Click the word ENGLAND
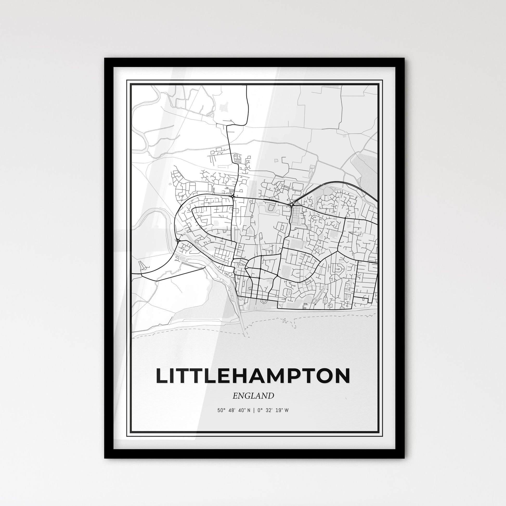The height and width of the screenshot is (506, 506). click(253, 396)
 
